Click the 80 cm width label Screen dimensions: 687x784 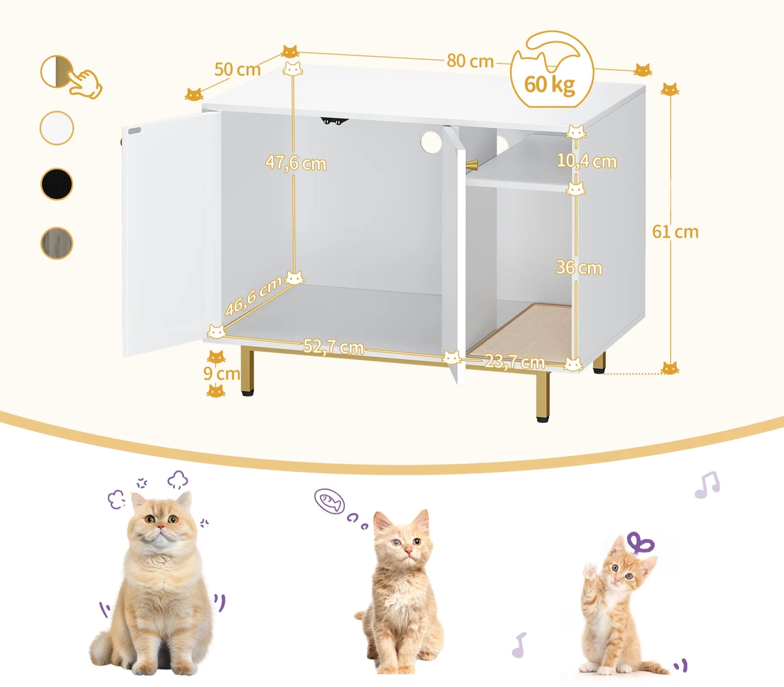tap(470, 61)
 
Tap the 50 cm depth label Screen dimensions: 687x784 tap(237, 69)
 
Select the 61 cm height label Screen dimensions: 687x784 tap(675, 232)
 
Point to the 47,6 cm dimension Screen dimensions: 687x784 tap(296, 163)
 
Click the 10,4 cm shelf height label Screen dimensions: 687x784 tap(587, 161)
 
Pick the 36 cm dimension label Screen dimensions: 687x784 tap(579, 268)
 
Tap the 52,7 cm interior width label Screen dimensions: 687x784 tap(333, 347)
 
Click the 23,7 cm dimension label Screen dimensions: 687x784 tap(514, 361)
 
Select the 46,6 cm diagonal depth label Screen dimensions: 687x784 tap(253, 296)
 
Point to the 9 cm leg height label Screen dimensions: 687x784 tap(221, 374)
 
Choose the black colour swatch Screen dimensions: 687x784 tap(57, 184)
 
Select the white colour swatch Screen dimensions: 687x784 tap(57, 128)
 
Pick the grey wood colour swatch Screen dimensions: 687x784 tap(57, 243)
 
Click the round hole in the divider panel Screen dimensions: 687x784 tap(431, 142)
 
